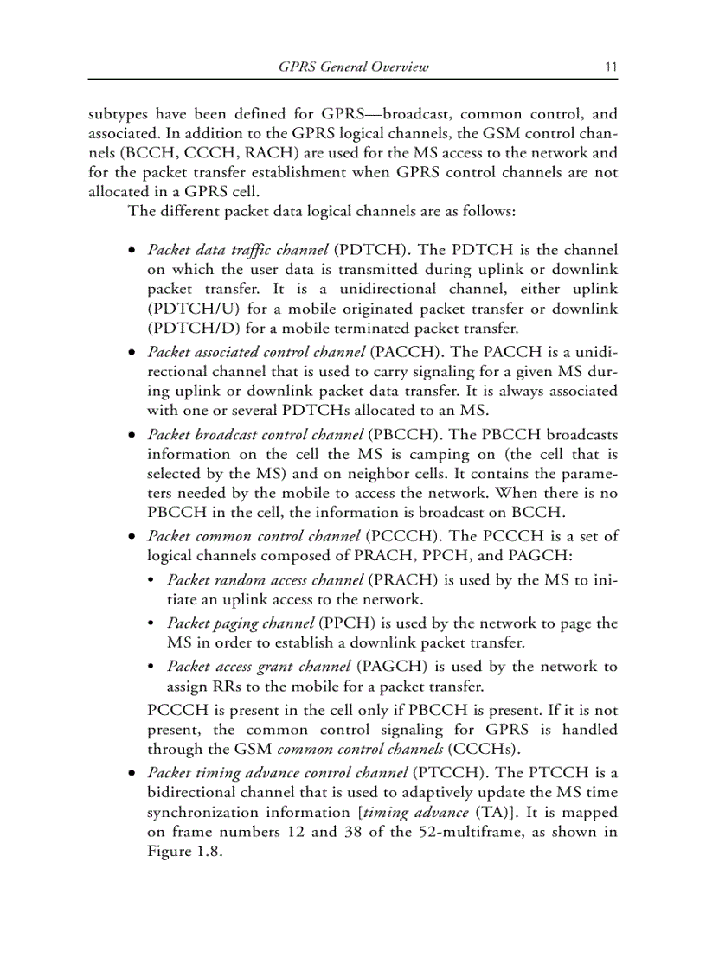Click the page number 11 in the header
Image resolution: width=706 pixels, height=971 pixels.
(x=611, y=67)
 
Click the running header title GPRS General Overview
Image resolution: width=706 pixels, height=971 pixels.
(x=354, y=67)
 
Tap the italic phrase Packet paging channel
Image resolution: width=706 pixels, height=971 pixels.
(x=241, y=623)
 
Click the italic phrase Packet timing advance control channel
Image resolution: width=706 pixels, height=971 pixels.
(x=278, y=771)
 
